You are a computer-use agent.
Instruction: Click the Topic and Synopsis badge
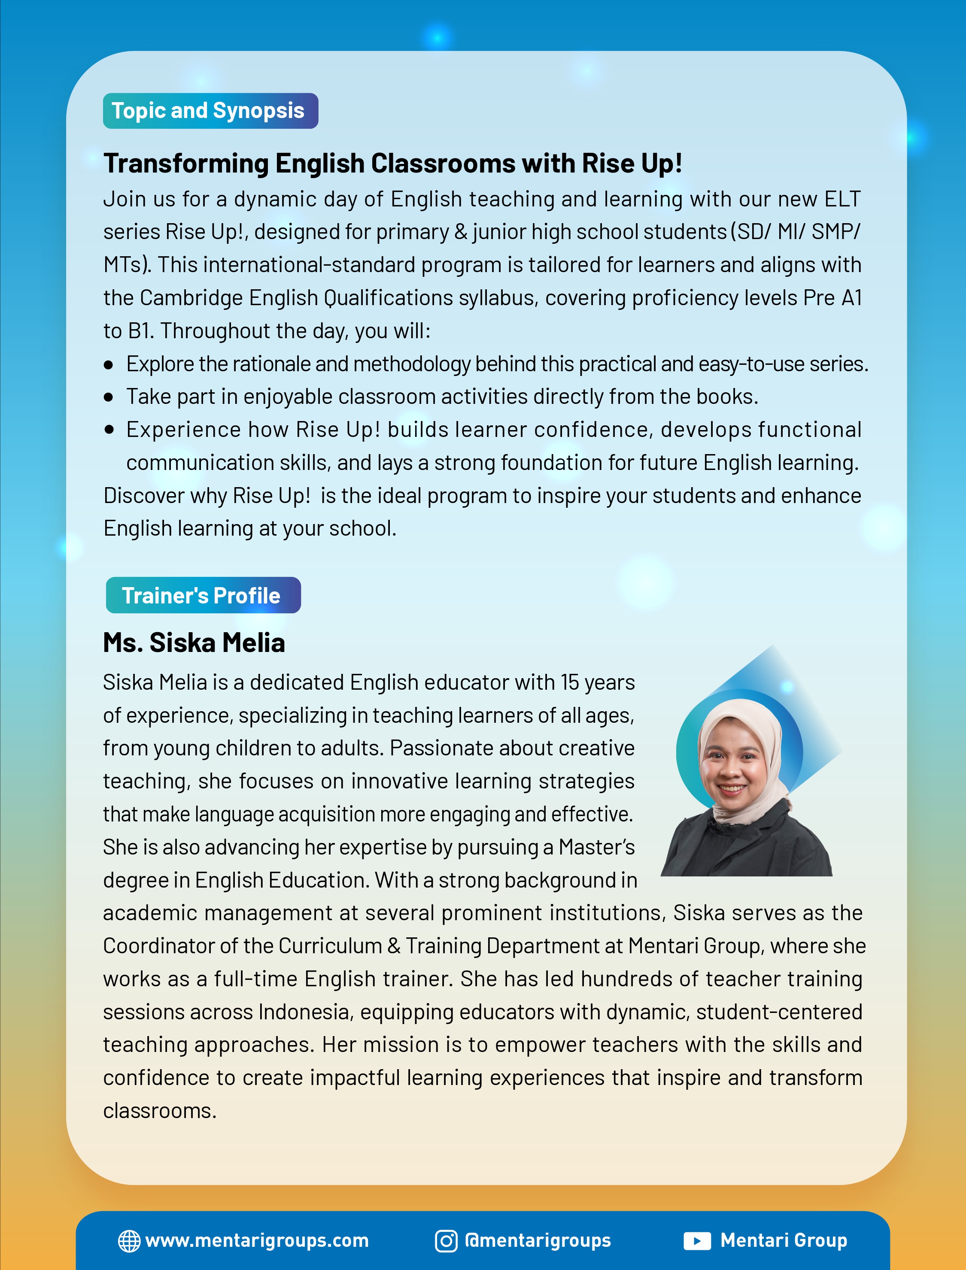210,111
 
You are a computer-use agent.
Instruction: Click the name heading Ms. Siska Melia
194,643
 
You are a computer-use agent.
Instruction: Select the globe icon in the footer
129,1241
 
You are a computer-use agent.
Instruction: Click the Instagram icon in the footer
446,1241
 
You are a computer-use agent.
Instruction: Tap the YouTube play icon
697,1241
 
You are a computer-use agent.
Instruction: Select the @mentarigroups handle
538,1241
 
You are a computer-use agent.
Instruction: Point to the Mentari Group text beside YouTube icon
784,1241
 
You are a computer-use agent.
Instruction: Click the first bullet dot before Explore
109,365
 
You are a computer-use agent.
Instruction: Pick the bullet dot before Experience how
109,430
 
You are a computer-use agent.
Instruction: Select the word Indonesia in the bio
305,1012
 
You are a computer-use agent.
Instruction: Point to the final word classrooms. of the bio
159,1111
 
